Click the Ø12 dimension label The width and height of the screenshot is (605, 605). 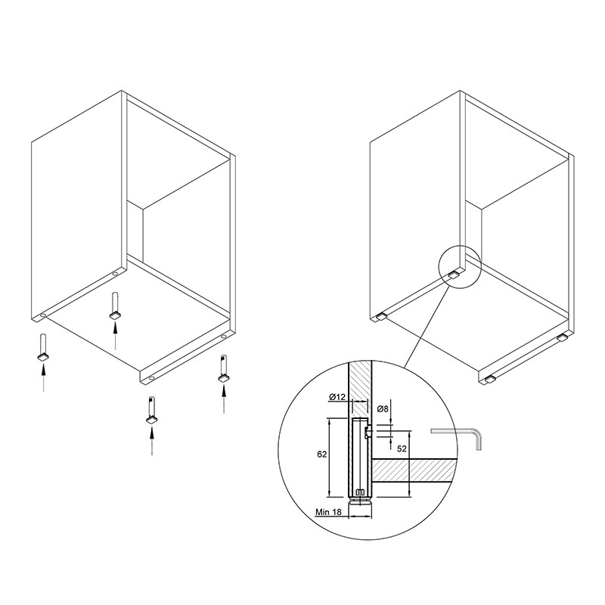coord(337,397)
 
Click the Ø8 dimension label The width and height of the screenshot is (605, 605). coord(383,409)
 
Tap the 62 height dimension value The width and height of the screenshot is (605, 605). coord(322,455)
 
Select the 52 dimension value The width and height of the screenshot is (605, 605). coord(402,448)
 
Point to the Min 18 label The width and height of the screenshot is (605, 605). coord(328,512)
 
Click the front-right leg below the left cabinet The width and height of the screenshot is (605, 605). coord(152,410)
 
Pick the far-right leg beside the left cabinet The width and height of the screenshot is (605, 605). coord(223,368)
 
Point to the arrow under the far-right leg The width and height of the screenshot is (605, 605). coord(224,399)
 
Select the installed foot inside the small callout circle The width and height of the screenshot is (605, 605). coord(453,275)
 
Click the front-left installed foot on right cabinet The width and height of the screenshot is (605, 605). coord(380,317)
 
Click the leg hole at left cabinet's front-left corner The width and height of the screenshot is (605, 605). coord(43,315)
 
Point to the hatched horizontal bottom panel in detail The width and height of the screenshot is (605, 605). coord(413,470)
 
